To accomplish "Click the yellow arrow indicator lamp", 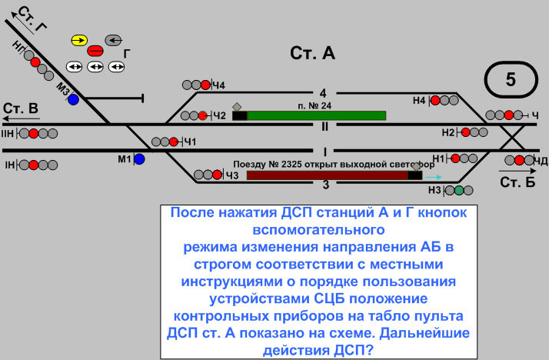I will pos(79,39).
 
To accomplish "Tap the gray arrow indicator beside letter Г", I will pos(113,39).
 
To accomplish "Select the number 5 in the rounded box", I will pos(511,78).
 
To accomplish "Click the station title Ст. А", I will pos(313,53).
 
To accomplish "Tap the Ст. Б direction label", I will pos(517,182).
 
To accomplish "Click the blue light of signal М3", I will pos(73,99).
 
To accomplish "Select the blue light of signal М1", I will pos(139,159).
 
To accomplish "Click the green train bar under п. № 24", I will pos(316,115).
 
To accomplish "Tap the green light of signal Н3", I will pos(458,190).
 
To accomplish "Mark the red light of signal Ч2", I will pos(204,116).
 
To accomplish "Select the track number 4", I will pos(324,92).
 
